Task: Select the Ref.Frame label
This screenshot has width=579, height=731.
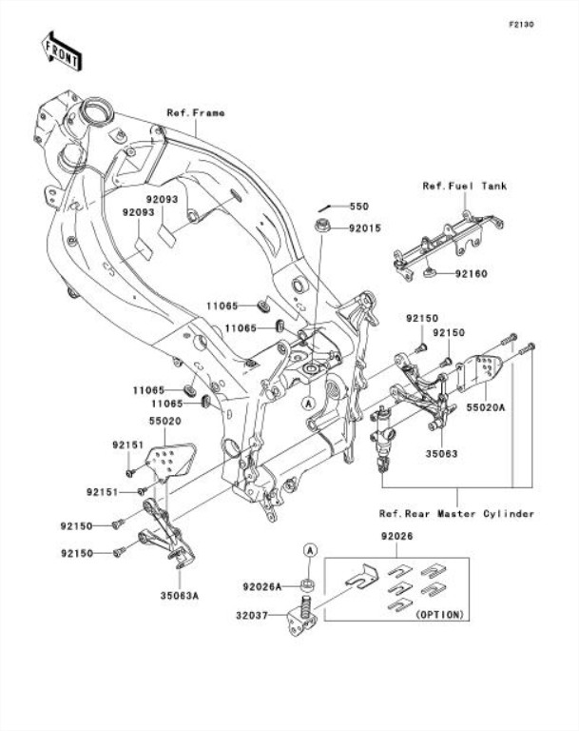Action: (x=196, y=113)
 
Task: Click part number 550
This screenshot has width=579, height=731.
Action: (x=358, y=207)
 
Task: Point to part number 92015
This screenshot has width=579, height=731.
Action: (x=363, y=228)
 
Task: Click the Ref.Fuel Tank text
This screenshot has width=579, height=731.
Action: (x=465, y=187)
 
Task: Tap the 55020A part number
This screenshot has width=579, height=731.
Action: (x=486, y=406)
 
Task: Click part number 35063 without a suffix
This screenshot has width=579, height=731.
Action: (x=442, y=454)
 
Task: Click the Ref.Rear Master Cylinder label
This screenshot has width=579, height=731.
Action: (x=456, y=514)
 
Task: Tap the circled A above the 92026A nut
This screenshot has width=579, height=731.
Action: (x=310, y=551)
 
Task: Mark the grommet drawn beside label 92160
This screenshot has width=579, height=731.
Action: (x=430, y=274)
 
